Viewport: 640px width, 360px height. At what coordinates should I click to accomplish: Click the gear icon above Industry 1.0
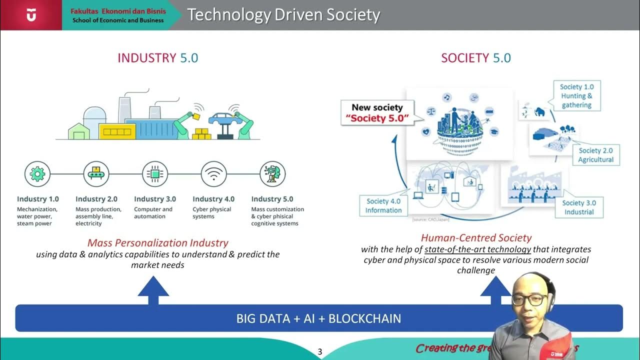[x=37, y=174]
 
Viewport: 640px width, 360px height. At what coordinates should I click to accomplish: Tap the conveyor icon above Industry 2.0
[x=96, y=174]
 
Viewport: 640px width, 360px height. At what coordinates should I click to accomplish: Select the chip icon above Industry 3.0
[x=154, y=174]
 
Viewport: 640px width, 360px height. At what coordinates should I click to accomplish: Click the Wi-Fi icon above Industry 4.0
[x=213, y=174]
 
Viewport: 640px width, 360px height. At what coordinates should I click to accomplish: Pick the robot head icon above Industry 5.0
[x=272, y=174]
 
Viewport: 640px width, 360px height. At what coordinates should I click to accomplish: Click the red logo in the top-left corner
[x=31, y=15]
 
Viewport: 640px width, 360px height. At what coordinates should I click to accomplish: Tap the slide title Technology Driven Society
[x=283, y=15]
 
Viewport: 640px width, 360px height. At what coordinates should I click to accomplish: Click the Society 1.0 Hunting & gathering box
[x=576, y=96]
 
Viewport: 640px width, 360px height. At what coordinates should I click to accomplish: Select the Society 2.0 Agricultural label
[x=595, y=155]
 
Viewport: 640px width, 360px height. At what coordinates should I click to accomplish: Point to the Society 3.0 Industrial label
[x=579, y=207]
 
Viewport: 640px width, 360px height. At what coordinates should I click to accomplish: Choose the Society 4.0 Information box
[x=383, y=205]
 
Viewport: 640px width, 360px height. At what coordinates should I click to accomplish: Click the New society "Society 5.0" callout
[x=377, y=113]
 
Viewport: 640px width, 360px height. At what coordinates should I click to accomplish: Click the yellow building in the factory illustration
[x=117, y=131]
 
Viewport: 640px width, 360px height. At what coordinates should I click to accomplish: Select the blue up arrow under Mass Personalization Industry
[x=153, y=289]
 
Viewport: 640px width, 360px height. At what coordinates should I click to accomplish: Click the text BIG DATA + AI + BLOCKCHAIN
[x=318, y=318]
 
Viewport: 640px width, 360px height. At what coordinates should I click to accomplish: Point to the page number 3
[x=320, y=352]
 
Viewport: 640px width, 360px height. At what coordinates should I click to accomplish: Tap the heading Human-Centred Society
[x=476, y=238]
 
